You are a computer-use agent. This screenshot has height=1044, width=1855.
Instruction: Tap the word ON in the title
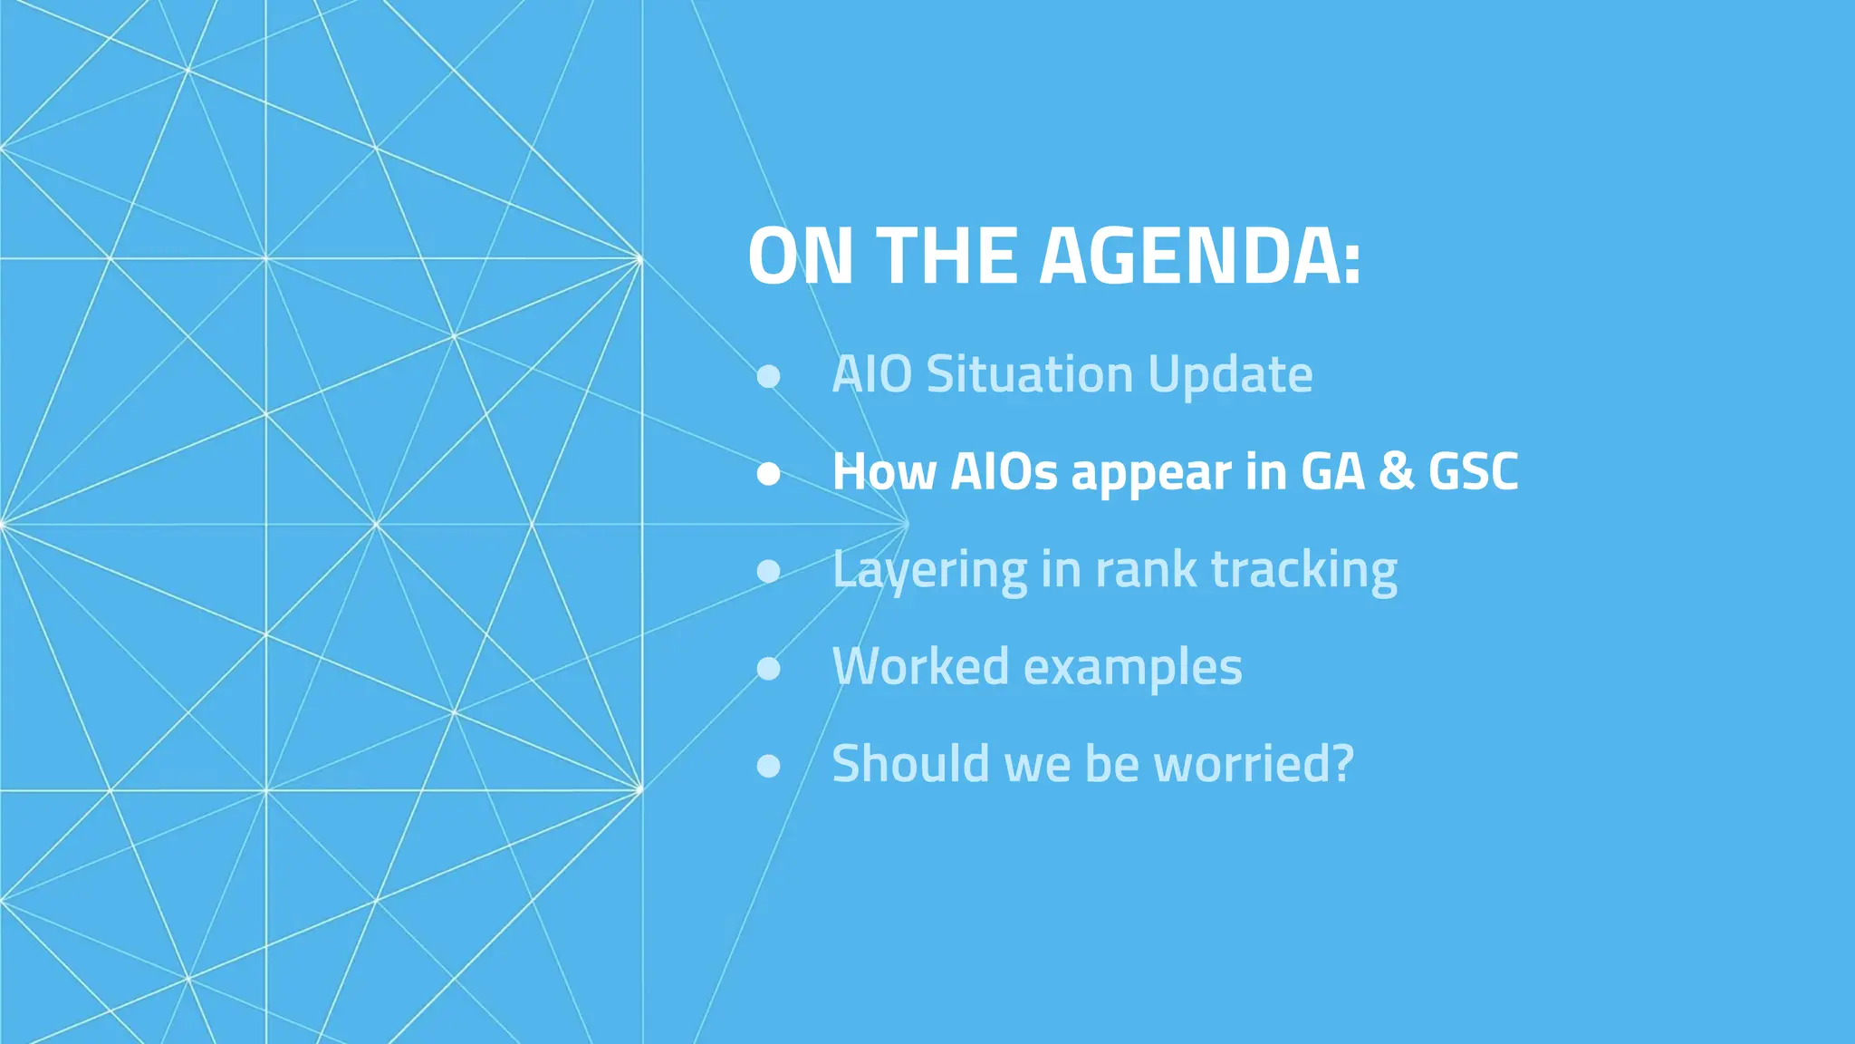(x=800, y=256)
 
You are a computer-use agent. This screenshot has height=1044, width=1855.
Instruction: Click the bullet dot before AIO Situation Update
(x=768, y=376)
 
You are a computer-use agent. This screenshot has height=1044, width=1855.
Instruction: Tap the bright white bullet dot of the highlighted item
(x=768, y=473)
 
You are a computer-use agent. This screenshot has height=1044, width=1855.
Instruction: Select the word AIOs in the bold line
(x=1004, y=472)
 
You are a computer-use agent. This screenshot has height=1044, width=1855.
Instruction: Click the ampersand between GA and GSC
(x=1396, y=472)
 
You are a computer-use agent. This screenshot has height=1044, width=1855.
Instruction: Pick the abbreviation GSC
(x=1473, y=472)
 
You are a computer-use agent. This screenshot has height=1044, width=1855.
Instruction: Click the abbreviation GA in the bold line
(x=1332, y=472)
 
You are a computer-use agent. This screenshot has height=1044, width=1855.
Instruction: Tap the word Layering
(x=929, y=571)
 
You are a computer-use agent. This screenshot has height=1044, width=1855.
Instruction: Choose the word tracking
(x=1304, y=571)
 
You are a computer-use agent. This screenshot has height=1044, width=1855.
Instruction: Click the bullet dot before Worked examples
(x=768, y=668)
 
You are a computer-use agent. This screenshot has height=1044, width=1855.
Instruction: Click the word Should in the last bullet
(x=911, y=764)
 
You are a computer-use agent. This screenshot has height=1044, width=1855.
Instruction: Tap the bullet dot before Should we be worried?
(x=768, y=766)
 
